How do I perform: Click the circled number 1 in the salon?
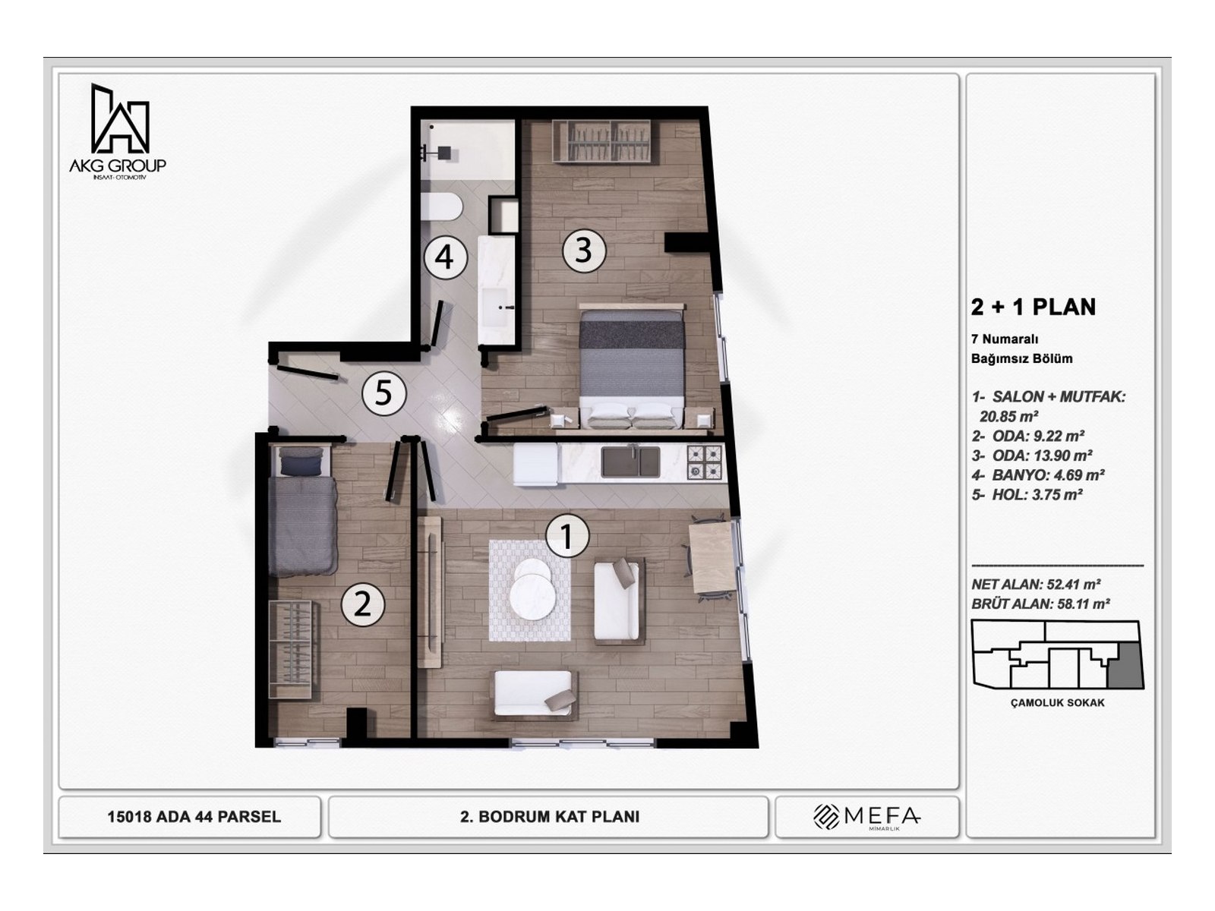click(567, 535)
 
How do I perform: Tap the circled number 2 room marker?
click(363, 604)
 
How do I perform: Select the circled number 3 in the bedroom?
click(583, 250)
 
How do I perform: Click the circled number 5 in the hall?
click(383, 393)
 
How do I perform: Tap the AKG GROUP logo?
click(118, 131)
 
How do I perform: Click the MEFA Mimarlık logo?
click(866, 817)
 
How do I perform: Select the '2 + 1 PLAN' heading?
click(1033, 307)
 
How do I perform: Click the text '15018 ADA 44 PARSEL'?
click(194, 817)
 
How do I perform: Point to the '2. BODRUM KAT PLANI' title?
click(550, 817)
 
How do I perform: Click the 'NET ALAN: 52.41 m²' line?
click(1036, 585)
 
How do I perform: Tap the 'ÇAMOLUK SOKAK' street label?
click(1057, 703)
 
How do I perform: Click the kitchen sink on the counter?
click(630, 462)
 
